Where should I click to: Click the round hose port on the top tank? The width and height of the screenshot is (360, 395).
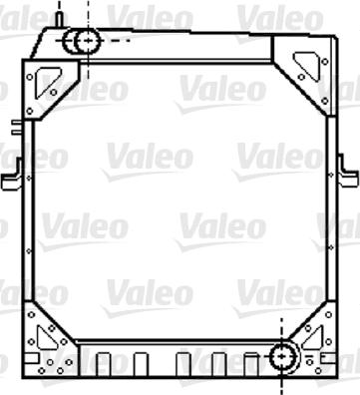point(88,41)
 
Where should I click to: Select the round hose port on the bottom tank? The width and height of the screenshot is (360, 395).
point(282,356)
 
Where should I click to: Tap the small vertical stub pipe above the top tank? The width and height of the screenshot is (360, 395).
point(59,20)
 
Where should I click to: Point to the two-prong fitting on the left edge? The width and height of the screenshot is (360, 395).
point(17,128)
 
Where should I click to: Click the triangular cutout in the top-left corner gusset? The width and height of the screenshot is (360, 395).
point(48,82)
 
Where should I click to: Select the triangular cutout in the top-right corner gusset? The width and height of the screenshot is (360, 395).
point(306,65)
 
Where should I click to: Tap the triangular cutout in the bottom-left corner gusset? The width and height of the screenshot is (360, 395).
point(43,337)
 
